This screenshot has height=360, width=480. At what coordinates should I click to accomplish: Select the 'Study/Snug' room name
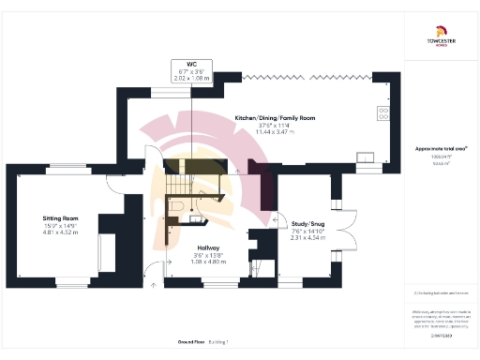point(308,224)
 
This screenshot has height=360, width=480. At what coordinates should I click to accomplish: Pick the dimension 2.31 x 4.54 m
point(308,238)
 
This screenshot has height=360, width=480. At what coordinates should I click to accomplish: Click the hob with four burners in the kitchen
point(384,113)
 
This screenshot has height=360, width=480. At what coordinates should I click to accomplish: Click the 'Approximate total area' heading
point(441,149)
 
